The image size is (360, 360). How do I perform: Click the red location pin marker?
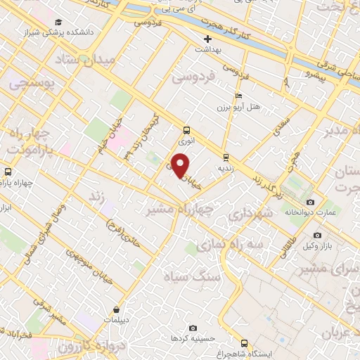[181, 166]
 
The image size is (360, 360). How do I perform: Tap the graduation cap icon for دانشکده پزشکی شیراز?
[58, 22]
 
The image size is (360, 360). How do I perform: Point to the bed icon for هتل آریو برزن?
[238, 96]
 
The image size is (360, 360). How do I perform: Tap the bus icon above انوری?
[186, 130]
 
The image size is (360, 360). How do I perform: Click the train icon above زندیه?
[225, 157]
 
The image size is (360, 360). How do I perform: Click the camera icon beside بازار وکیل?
[317, 235]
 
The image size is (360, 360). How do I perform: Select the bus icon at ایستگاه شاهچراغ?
[243, 343]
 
